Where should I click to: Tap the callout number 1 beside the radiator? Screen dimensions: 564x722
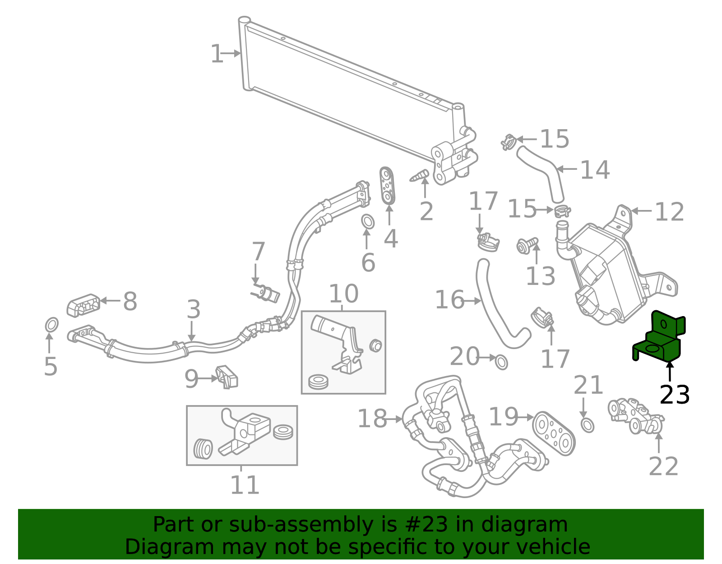tap(217, 54)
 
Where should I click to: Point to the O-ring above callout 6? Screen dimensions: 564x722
tap(368, 222)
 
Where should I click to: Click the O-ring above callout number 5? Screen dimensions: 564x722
tap(51, 325)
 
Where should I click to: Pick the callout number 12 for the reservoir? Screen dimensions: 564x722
tap(669, 212)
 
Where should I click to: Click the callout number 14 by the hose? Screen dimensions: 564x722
tap(595, 170)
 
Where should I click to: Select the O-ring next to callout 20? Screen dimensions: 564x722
tap(501, 362)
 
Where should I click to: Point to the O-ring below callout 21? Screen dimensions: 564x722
tap(587, 425)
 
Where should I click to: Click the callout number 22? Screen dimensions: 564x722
tap(663, 466)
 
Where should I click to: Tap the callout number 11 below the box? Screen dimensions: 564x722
tap(245, 485)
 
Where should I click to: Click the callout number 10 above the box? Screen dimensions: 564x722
tap(343, 294)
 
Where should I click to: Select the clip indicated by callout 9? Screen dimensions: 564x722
tap(228, 377)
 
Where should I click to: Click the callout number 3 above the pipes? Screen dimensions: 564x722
tap(194, 310)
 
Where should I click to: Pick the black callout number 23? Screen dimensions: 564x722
tap(674, 395)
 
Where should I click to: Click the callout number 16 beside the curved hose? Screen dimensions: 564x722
tap(449, 300)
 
